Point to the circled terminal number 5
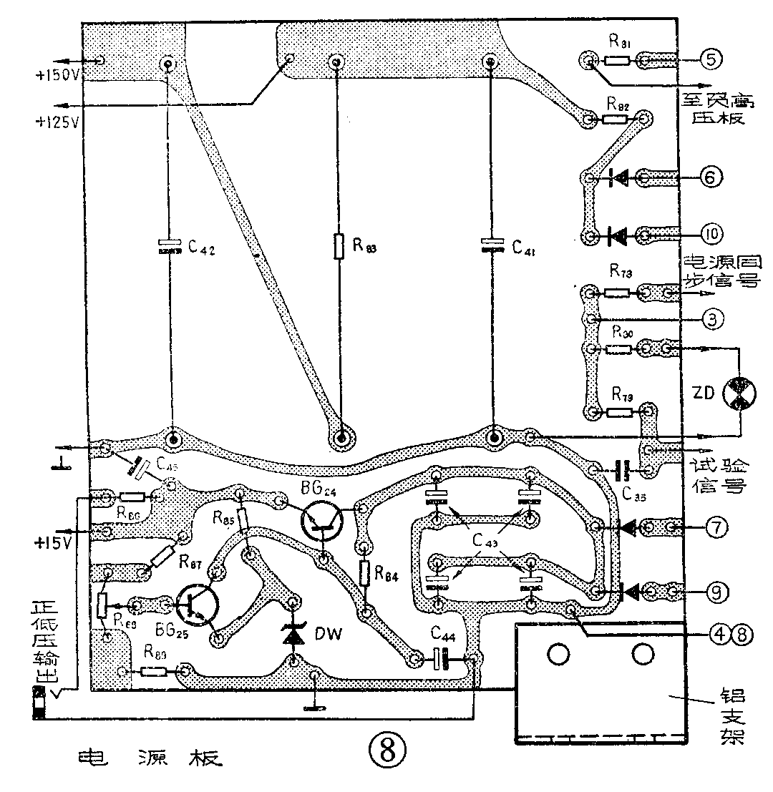pos(711,59)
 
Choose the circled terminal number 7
pos(711,528)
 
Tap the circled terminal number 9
pos(711,591)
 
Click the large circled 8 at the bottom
pos(387,751)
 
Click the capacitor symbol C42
pos(170,248)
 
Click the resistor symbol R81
pos(616,61)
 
